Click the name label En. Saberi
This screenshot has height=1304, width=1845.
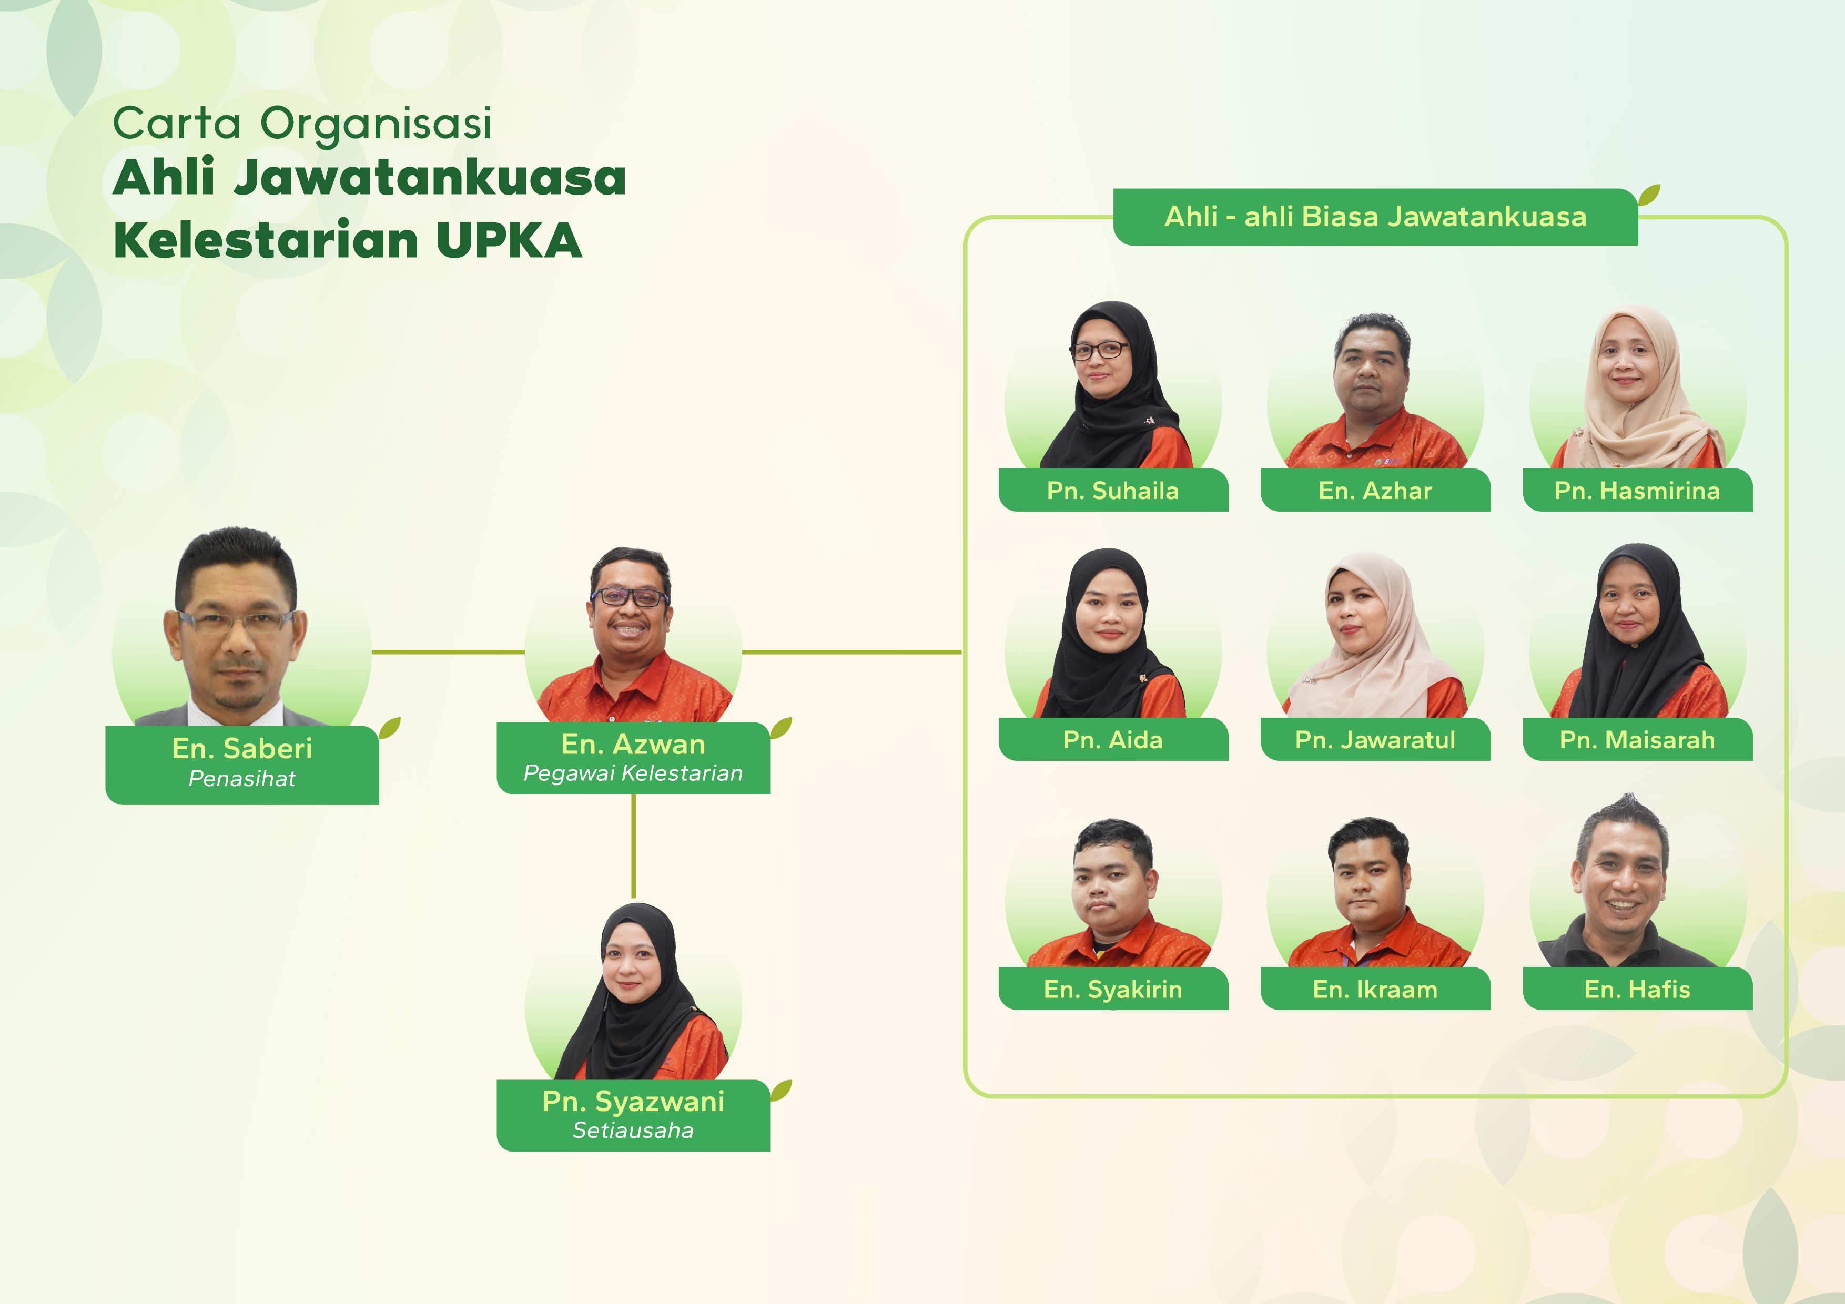pyautogui.click(x=242, y=749)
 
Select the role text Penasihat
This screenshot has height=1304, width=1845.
pyautogui.click(x=242, y=779)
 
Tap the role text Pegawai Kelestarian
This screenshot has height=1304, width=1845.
pyautogui.click(x=633, y=773)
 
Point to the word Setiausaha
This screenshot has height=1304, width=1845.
pyautogui.click(x=633, y=1130)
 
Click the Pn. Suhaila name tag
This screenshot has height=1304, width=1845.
pyautogui.click(x=1113, y=490)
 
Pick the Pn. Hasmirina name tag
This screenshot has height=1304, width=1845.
pyautogui.click(x=1638, y=490)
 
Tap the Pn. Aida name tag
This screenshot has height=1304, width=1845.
pyautogui.click(x=1113, y=739)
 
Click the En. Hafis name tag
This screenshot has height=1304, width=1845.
pyautogui.click(x=1638, y=989)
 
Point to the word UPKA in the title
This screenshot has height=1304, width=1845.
pyautogui.click(x=509, y=240)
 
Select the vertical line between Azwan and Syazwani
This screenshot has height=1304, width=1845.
pyautogui.click(x=633, y=846)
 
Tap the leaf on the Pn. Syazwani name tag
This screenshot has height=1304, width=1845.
pyautogui.click(x=781, y=1091)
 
